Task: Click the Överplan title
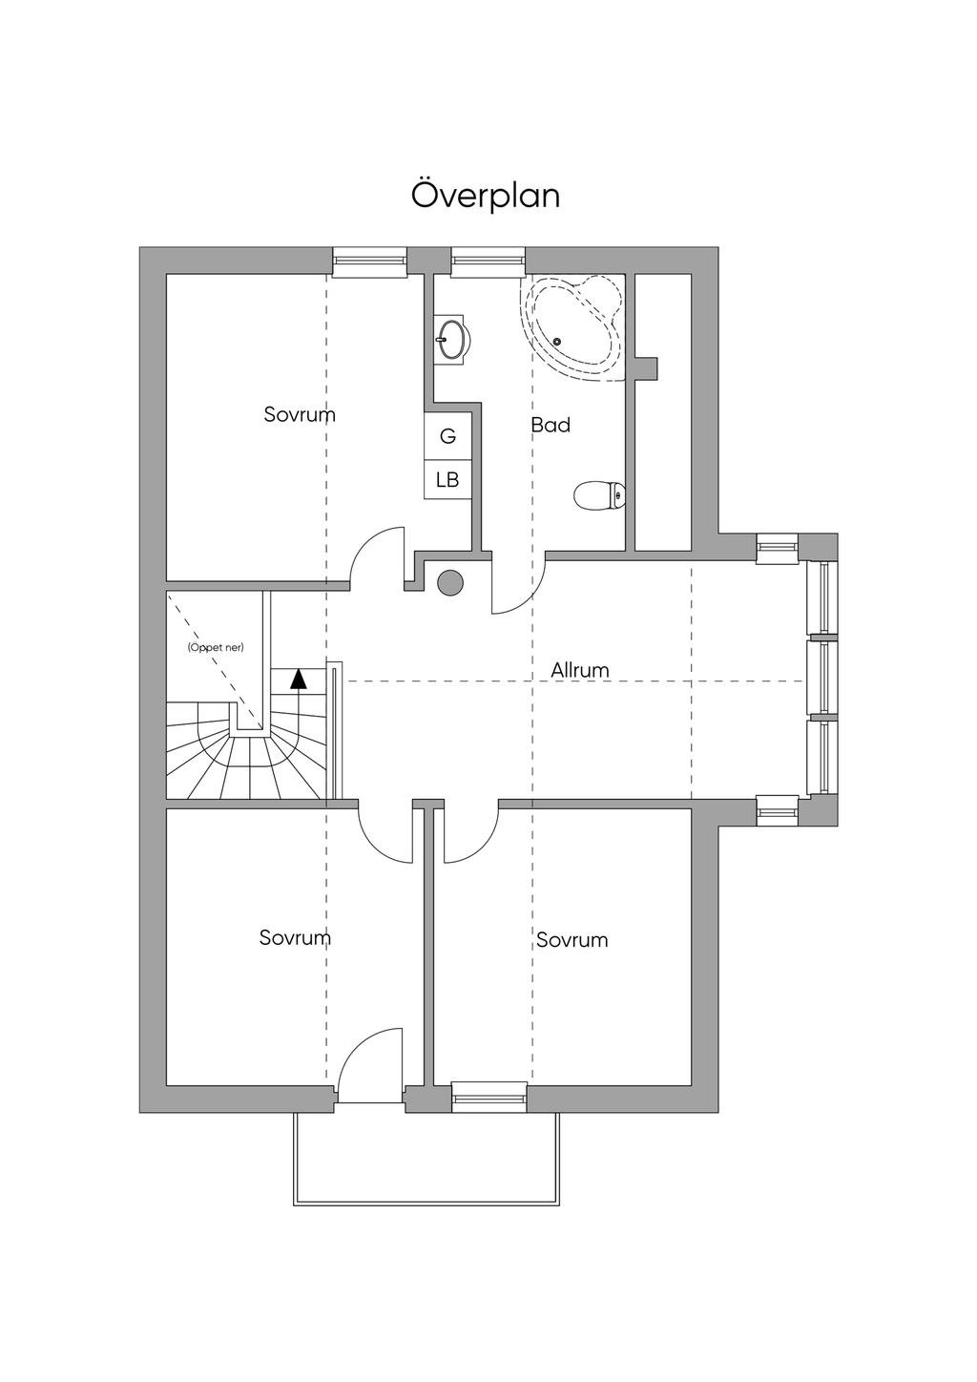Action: (486, 195)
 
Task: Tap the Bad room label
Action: (551, 425)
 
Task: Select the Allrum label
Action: (579, 670)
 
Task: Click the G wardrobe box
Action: (447, 436)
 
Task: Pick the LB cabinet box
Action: (447, 480)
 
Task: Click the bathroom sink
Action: (452, 339)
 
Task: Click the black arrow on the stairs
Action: (299, 679)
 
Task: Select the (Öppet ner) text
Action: (216, 647)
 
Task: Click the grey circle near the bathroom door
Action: (449, 582)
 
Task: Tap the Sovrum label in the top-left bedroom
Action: (300, 415)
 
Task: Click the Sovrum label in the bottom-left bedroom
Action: (295, 937)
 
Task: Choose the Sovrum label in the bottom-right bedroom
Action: (572, 940)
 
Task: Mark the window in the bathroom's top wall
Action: (488, 261)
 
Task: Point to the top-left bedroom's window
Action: (370, 261)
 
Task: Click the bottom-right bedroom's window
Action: (488, 1098)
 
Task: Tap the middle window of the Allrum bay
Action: (821, 678)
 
